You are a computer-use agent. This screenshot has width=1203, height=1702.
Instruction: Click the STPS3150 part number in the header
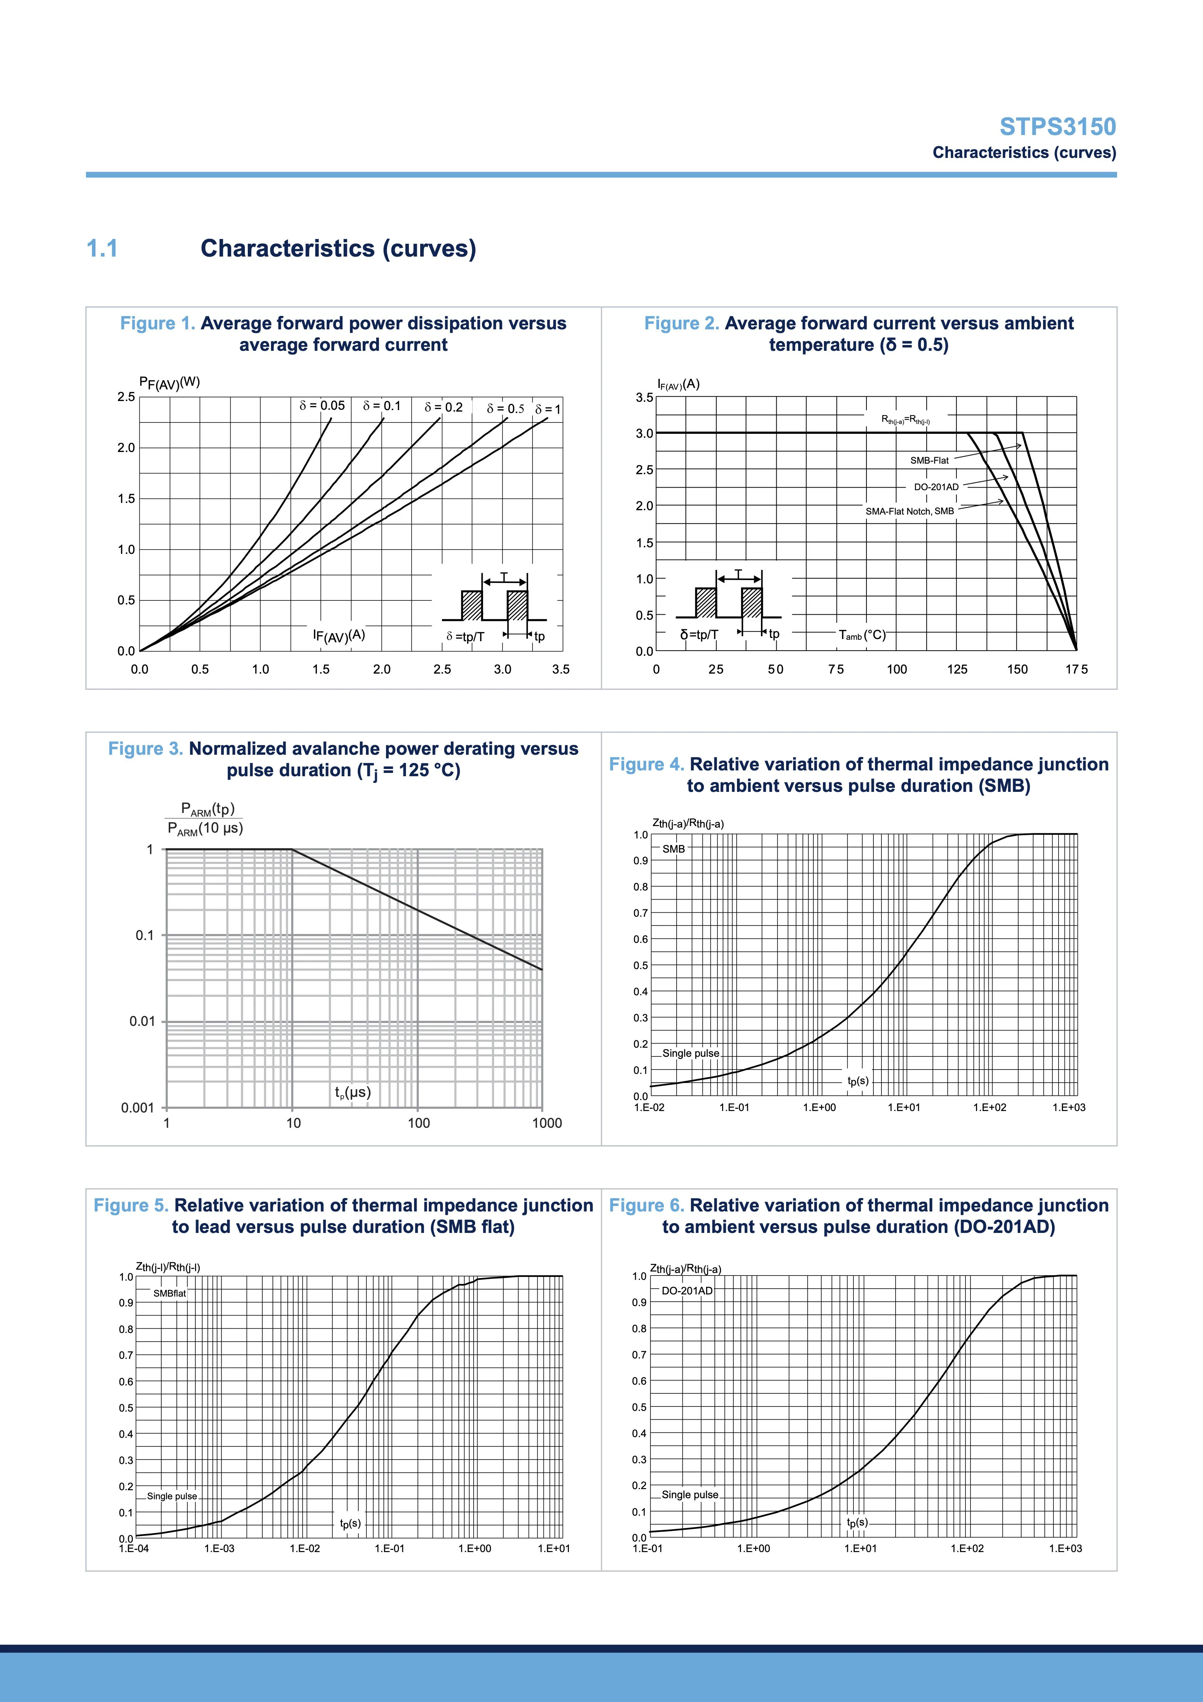1058,127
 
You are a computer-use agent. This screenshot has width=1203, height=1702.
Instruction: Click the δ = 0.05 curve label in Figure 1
322,405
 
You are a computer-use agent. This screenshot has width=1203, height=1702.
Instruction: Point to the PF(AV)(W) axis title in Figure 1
170,382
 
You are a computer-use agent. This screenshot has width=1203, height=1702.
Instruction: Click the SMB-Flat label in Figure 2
929,460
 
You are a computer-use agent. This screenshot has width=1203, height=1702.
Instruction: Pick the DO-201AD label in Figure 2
936,487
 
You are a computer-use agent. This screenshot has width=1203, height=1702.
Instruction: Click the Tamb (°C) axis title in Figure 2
862,635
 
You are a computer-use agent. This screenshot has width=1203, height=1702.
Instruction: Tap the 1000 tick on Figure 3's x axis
547,1123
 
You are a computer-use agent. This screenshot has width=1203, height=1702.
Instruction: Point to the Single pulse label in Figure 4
691,1054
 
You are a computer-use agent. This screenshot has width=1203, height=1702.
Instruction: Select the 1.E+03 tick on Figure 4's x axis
1069,1107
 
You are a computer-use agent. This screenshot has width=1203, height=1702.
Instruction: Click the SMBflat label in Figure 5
170,1294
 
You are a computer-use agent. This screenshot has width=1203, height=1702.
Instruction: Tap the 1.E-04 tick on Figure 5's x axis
134,1548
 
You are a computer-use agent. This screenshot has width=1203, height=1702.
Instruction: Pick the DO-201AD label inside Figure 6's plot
687,1290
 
